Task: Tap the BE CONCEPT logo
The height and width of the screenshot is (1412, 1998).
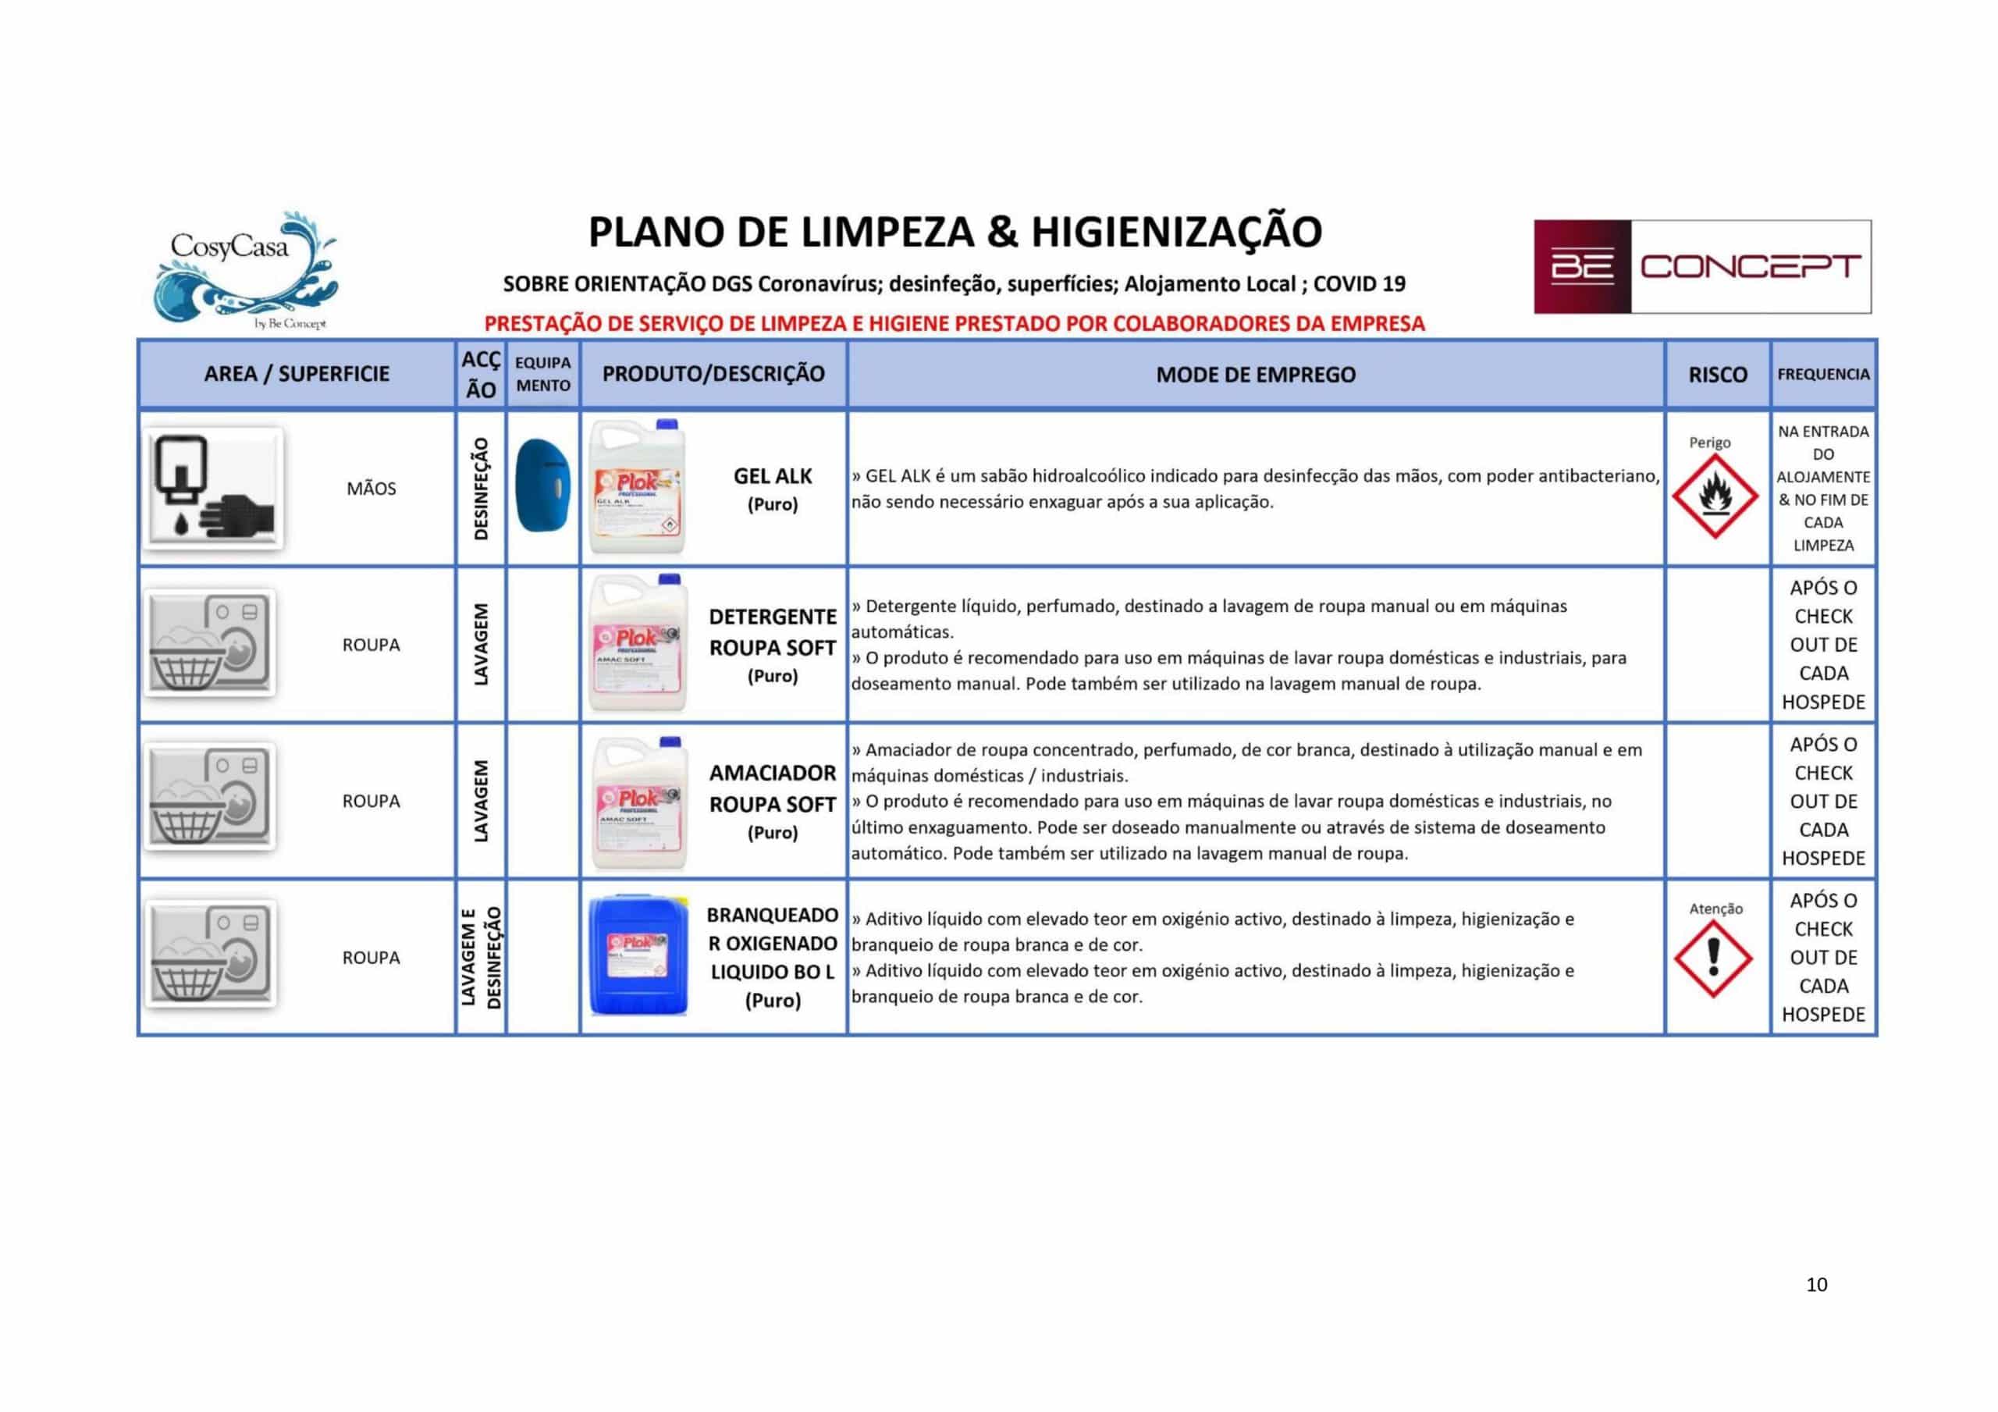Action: [1701, 266]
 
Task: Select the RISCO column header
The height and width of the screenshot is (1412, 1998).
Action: [1717, 375]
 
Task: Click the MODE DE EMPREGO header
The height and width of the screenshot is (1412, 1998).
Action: [1255, 375]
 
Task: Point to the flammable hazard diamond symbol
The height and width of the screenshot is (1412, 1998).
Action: [1715, 496]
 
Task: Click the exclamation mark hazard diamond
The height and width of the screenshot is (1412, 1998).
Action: [1712, 959]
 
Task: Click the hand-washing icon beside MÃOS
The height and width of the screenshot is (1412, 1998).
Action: [212, 489]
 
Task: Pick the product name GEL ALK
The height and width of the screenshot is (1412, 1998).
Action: [772, 476]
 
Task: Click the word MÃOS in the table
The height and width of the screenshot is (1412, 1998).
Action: [371, 489]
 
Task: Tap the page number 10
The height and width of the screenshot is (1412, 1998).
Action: [1816, 1284]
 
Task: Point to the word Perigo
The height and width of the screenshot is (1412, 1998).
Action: [1709, 443]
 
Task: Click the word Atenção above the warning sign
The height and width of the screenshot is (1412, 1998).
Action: [1715, 909]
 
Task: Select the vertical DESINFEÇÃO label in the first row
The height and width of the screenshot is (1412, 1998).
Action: [480, 489]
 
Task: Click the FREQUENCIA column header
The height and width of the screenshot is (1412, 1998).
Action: [1822, 375]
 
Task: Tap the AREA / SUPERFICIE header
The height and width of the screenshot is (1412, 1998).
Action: [297, 375]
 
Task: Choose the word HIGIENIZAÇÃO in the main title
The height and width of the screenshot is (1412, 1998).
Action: [1175, 233]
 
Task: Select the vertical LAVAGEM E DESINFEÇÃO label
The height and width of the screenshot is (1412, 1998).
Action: [480, 957]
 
